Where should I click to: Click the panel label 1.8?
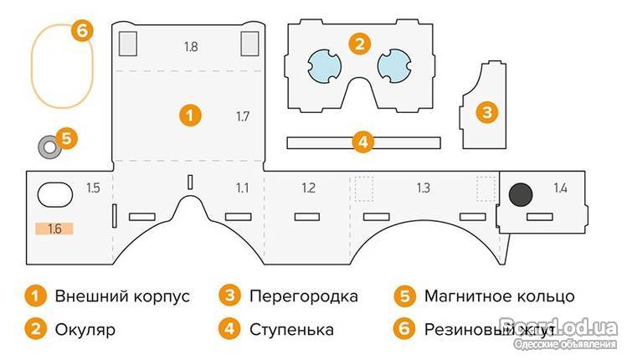(x=191, y=47)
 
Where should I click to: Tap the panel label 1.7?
(x=243, y=116)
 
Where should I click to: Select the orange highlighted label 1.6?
(x=55, y=228)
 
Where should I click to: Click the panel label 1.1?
(x=242, y=188)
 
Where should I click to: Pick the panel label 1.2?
(x=308, y=188)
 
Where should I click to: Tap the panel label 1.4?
(x=559, y=188)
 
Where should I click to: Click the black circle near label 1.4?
(x=521, y=194)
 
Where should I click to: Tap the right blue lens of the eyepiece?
(x=393, y=64)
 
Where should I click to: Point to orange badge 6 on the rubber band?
(x=81, y=31)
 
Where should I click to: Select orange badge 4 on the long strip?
(x=362, y=141)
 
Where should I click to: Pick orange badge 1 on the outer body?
(x=192, y=116)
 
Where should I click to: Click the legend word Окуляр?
(x=85, y=329)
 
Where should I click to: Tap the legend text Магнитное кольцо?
(x=499, y=296)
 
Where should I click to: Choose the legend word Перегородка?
(x=303, y=296)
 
